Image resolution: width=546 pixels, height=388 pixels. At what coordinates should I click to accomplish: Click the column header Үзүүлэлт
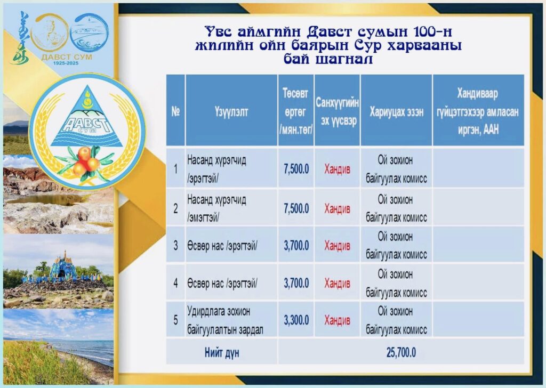coord(231,111)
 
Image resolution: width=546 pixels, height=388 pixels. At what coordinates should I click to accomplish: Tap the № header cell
coord(175,111)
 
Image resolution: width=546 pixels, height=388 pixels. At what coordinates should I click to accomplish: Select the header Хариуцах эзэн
coord(396,112)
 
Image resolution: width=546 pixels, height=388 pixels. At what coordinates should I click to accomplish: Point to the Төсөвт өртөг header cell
coord(295,111)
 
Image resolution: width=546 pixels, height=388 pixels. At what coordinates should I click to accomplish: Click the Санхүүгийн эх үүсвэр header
coord(337,112)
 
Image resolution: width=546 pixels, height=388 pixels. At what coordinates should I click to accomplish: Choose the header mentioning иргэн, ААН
coord(478,111)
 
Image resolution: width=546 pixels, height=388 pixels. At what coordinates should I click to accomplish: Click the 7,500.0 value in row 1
coord(296,169)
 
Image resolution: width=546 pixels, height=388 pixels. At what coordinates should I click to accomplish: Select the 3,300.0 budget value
coord(296,320)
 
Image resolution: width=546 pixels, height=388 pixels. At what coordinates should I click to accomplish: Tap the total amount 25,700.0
coord(401,352)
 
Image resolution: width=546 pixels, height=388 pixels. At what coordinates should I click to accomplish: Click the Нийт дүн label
coord(222,353)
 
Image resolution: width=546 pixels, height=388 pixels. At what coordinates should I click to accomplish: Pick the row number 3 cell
coord(175,245)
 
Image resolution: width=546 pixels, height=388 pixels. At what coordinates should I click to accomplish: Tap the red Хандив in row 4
coord(337,283)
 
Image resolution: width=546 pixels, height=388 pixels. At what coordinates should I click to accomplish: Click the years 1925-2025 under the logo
coord(66,63)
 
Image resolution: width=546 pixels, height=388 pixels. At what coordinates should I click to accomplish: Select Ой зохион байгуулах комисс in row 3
coord(396,245)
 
